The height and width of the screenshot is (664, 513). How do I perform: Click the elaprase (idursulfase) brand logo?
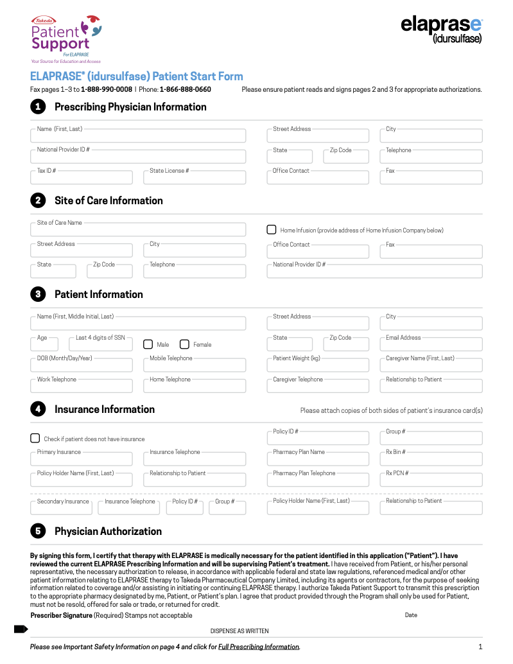441,30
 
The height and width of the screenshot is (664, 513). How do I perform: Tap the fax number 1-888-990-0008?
107,89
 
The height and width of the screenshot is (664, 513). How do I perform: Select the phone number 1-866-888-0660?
185,89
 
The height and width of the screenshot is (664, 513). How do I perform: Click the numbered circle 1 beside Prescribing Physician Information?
38,107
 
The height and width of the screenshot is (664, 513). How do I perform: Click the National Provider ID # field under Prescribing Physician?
138,157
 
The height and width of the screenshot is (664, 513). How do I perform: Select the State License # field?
194,178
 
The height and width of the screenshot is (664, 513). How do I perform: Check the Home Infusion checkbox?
272,229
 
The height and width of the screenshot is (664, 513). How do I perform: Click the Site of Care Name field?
138,230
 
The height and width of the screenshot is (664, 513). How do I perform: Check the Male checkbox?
148,344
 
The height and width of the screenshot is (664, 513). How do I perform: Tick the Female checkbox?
184,344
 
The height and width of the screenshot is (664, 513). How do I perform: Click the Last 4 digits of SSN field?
100,345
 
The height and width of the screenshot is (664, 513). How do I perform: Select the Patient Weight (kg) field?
318,365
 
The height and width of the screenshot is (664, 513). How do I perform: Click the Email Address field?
431,345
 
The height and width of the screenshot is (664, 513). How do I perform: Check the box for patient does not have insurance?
35,438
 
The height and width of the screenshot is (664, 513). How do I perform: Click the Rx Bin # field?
431,459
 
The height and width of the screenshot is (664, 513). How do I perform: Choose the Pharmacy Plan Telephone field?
318,480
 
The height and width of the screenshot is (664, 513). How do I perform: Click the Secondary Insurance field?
62,508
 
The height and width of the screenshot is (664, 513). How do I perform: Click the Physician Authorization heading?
108,531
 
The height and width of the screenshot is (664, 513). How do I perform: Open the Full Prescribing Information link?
259,647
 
